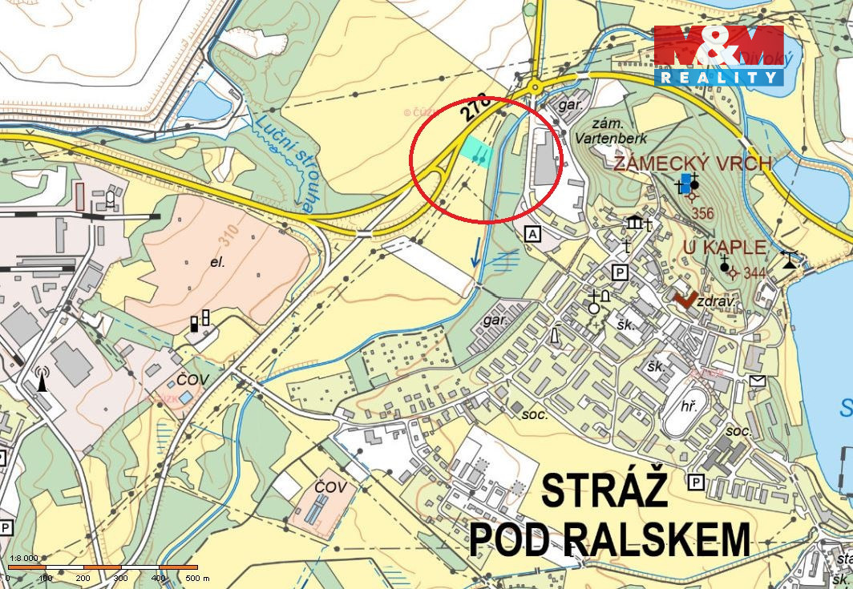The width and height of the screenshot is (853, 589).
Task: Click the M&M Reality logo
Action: click(x=718, y=55)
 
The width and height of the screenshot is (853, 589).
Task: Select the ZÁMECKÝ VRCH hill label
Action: click(x=693, y=164)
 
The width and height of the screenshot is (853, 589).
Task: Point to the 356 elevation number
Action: click(x=702, y=213)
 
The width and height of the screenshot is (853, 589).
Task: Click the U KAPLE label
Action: click(x=725, y=247)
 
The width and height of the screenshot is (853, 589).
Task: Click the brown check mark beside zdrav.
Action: click(x=685, y=300)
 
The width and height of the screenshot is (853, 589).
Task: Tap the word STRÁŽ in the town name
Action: click(x=604, y=490)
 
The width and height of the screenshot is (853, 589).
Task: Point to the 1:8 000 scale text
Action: click(x=22, y=559)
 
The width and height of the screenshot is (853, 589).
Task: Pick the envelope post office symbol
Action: click(x=758, y=381)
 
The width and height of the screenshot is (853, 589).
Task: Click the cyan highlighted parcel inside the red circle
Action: click(x=476, y=151)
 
